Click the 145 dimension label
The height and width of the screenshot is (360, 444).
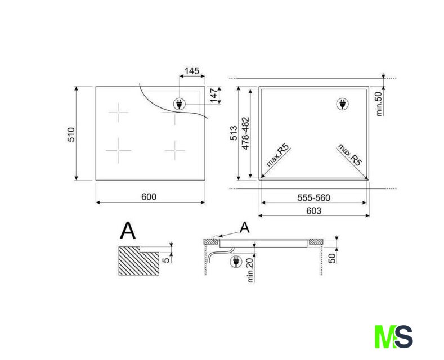pyautogui.click(x=192, y=70)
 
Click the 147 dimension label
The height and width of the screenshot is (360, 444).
pyautogui.click(x=214, y=96)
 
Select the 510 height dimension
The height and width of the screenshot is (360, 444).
pyautogui.click(x=71, y=134)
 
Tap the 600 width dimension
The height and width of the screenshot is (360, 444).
pyautogui.click(x=149, y=196)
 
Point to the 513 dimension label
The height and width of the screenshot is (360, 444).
pyautogui.click(x=234, y=133)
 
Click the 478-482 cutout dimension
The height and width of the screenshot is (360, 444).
pyautogui.click(x=245, y=133)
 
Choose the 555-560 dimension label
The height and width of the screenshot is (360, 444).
pyautogui.click(x=314, y=197)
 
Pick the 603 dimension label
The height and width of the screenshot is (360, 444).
pyautogui.click(x=314, y=210)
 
